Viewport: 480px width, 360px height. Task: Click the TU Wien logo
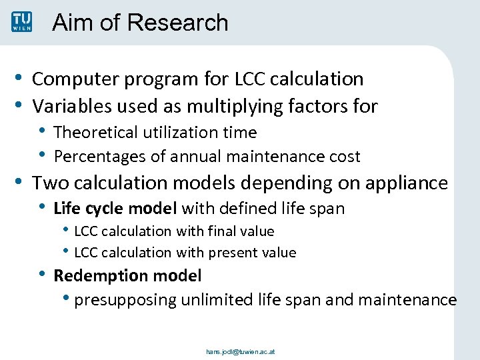(x=21, y=21)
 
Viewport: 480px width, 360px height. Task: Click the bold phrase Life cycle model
(x=115, y=209)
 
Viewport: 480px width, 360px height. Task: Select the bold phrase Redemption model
(x=127, y=275)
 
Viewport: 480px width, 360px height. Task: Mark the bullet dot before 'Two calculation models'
(x=21, y=182)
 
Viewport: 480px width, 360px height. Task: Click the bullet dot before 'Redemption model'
(x=43, y=274)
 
